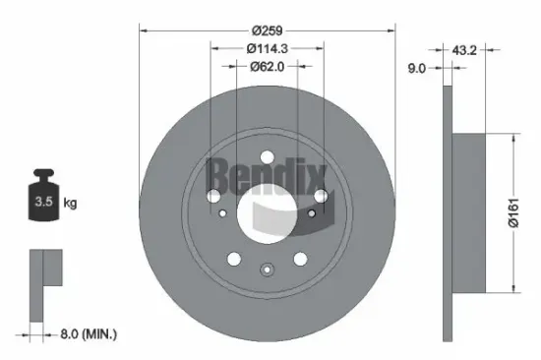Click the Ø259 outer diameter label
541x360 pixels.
click(x=267, y=30)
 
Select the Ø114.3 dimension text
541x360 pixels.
click(x=267, y=48)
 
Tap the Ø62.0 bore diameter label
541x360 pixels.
click(x=267, y=66)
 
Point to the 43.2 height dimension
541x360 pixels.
click(x=464, y=50)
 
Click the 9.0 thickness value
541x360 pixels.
click(x=417, y=68)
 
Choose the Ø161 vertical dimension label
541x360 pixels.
click(x=513, y=212)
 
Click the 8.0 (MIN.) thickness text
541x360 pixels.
click(x=89, y=333)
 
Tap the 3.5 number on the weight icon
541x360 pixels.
click(x=43, y=202)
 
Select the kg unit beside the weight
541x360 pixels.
click(x=70, y=203)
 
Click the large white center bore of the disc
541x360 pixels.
click(x=267, y=213)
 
